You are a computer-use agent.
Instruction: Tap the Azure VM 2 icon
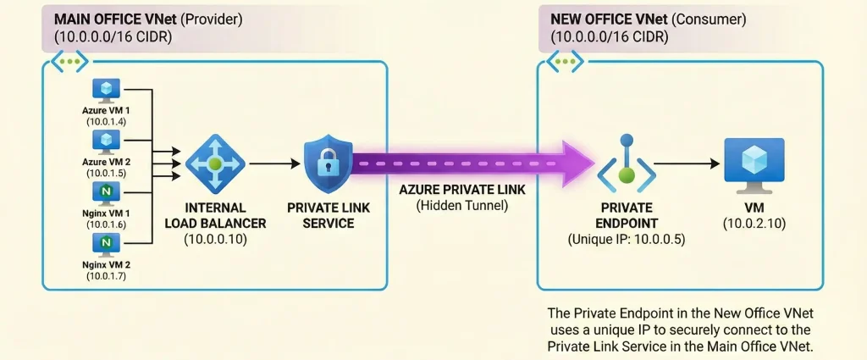tap(107, 140)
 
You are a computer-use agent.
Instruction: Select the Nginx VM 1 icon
tap(107, 193)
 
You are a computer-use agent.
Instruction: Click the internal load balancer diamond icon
tap(215, 164)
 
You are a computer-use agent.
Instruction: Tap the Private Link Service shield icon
tap(328, 163)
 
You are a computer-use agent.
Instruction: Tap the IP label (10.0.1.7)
tap(107, 275)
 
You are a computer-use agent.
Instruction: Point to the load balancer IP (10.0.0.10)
tap(215, 240)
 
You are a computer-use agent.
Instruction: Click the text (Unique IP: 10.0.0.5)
tap(626, 240)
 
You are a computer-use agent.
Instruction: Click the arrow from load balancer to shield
tap(273, 163)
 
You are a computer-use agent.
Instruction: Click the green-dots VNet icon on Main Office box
tap(69, 61)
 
